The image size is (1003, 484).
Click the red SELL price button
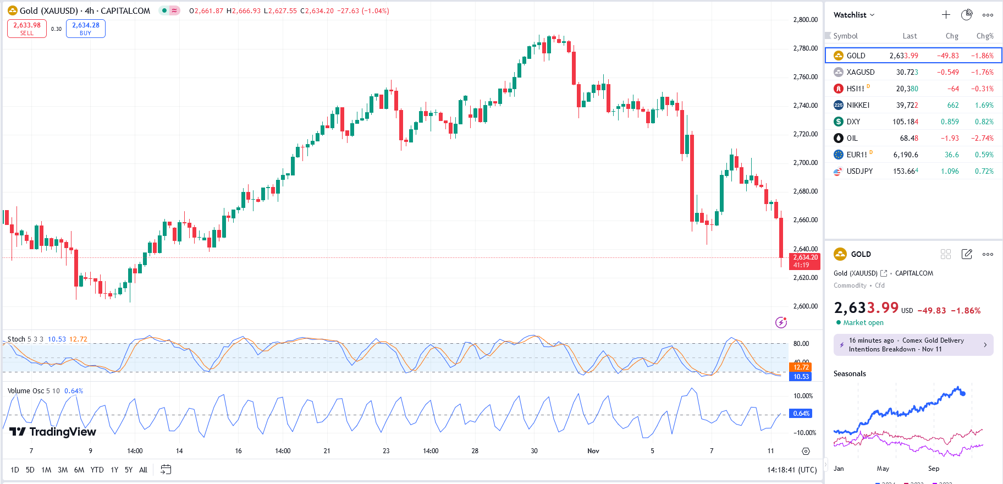[27, 29]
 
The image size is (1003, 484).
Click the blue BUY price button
[86, 29]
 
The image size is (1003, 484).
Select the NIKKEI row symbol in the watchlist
[858, 105]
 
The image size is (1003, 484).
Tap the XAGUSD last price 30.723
[907, 72]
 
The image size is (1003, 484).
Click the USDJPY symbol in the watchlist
[859, 171]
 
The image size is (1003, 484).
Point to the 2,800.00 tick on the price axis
[805, 20]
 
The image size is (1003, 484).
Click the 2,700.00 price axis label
[805, 163]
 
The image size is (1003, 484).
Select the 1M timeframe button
[46, 470]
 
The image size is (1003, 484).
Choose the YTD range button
[97, 470]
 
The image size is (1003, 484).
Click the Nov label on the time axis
[593, 451]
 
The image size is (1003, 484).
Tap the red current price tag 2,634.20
[805, 257]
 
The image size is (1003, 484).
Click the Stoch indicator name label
[16, 339]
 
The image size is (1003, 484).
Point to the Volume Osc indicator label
[25, 391]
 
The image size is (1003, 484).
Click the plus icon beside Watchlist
[946, 15]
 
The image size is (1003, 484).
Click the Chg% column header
[984, 36]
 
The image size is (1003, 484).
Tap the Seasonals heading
[850, 374]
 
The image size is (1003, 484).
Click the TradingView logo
[53, 432]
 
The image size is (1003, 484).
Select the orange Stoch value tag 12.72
[801, 367]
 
